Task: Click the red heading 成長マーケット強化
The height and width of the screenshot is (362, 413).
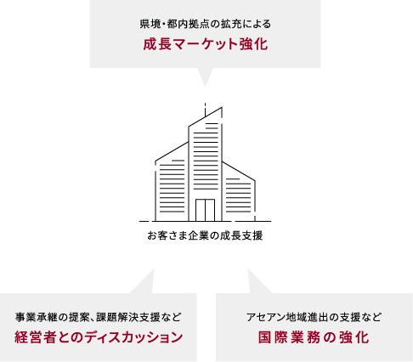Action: tap(206, 44)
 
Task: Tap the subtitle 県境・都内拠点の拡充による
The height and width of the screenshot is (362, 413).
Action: tap(206, 24)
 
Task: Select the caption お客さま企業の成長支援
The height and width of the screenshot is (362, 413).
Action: tap(205, 235)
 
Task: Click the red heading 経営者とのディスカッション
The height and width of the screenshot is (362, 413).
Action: tap(99, 337)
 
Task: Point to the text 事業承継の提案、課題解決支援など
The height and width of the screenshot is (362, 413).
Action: tap(99, 317)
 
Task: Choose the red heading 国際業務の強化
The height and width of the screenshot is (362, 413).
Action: tap(314, 337)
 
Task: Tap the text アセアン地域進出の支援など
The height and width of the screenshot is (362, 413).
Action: tap(314, 317)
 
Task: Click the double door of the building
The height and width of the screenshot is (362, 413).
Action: tap(205, 210)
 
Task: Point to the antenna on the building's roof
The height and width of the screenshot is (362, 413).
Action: tap(205, 110)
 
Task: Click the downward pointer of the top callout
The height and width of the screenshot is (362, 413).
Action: tap(205, 76)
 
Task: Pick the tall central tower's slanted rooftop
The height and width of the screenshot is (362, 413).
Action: tap(205, 116)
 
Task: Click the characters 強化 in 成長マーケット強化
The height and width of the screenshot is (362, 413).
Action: tap(253, 44)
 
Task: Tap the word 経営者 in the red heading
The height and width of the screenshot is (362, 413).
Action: tap(35, 337)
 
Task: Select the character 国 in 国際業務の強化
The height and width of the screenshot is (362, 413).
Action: tap(264, 337)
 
